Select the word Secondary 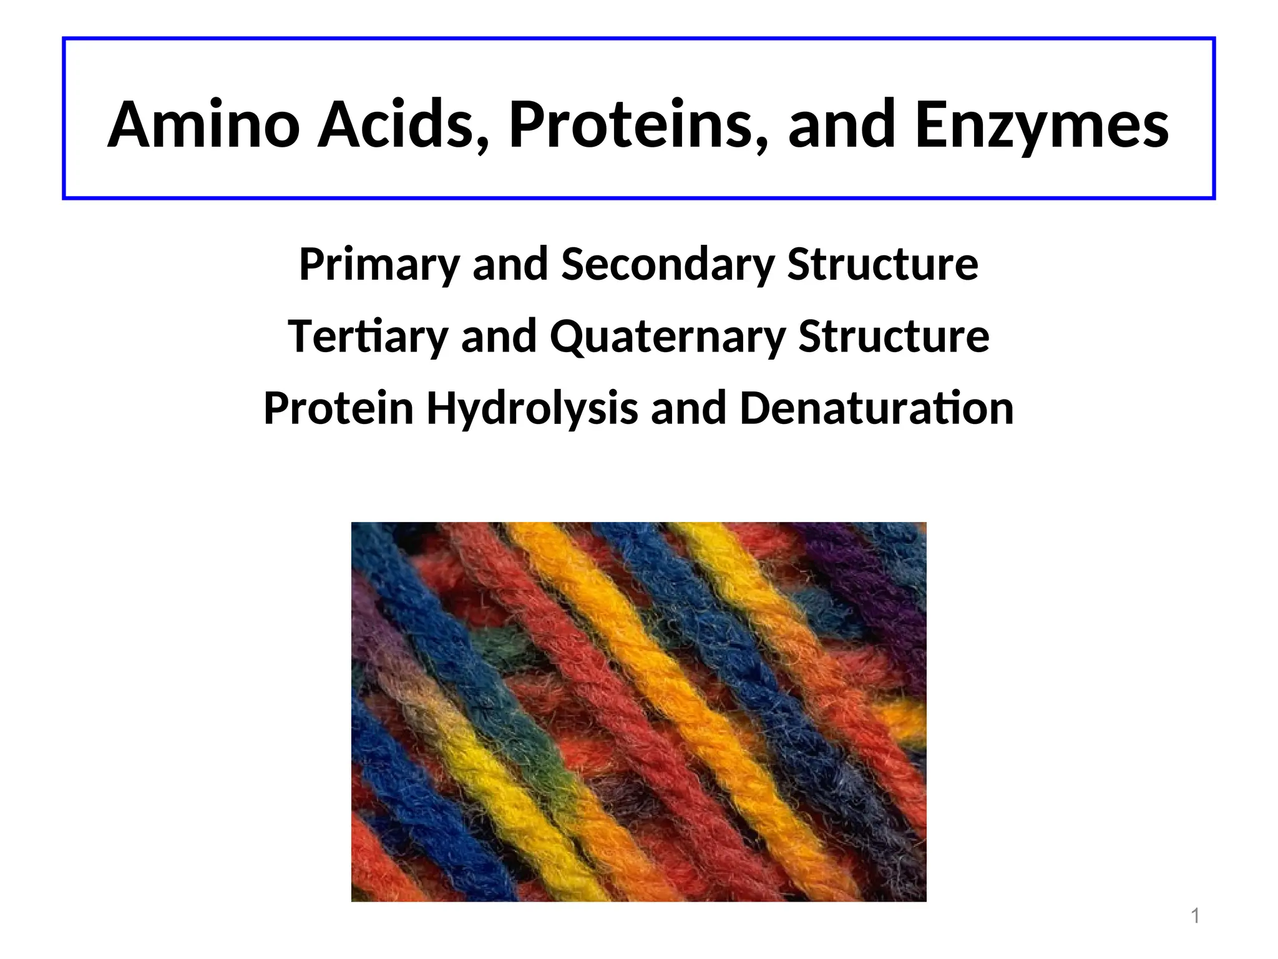coord(668,265)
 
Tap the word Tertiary coord(368,338)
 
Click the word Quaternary coord(668,338)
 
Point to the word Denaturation coord(877,408)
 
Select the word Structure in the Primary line coord(882,265)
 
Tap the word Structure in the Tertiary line coord(894,337)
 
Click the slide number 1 coord(1195,916)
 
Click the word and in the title coord(842,125)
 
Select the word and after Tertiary coord(499,337)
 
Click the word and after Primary coord(510,265)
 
